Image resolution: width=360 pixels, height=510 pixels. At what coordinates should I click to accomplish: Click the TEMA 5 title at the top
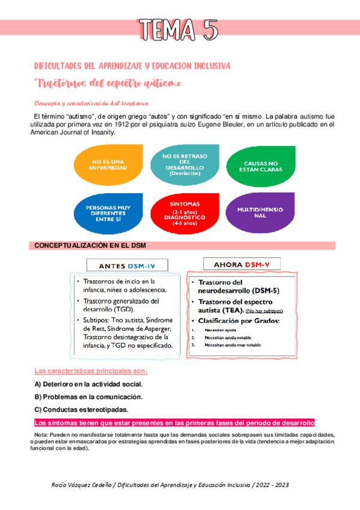(178, 29)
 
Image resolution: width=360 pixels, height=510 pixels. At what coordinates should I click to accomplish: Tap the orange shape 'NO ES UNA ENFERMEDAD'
(109, 164)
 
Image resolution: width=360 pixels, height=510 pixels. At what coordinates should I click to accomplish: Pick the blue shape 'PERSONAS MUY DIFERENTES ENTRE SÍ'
(109, 213)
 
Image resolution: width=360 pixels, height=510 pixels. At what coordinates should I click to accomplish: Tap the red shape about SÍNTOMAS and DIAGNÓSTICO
(185, 213)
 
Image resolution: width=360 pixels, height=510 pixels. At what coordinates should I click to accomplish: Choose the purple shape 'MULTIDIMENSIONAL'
(260, 212)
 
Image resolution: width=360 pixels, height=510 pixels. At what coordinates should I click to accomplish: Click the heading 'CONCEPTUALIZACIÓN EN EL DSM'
(90, 246)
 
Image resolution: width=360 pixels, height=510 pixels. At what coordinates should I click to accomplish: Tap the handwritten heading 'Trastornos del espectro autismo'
(108, 82)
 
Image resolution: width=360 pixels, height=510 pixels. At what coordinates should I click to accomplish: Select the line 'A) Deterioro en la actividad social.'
(88, 384)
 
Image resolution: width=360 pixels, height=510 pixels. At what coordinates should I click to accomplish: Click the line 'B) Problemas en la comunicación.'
(88, 397)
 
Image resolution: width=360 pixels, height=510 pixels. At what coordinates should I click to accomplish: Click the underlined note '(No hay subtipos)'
(264, 310)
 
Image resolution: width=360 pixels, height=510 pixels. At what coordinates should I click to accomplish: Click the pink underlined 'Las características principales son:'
(91, 370)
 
